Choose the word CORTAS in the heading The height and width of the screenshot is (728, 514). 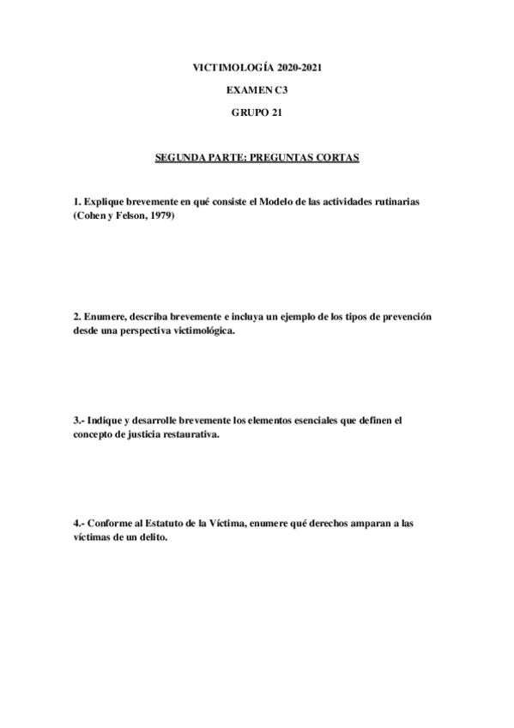(x=336, y=158)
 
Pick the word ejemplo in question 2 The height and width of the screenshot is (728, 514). (x=296, y=317)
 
